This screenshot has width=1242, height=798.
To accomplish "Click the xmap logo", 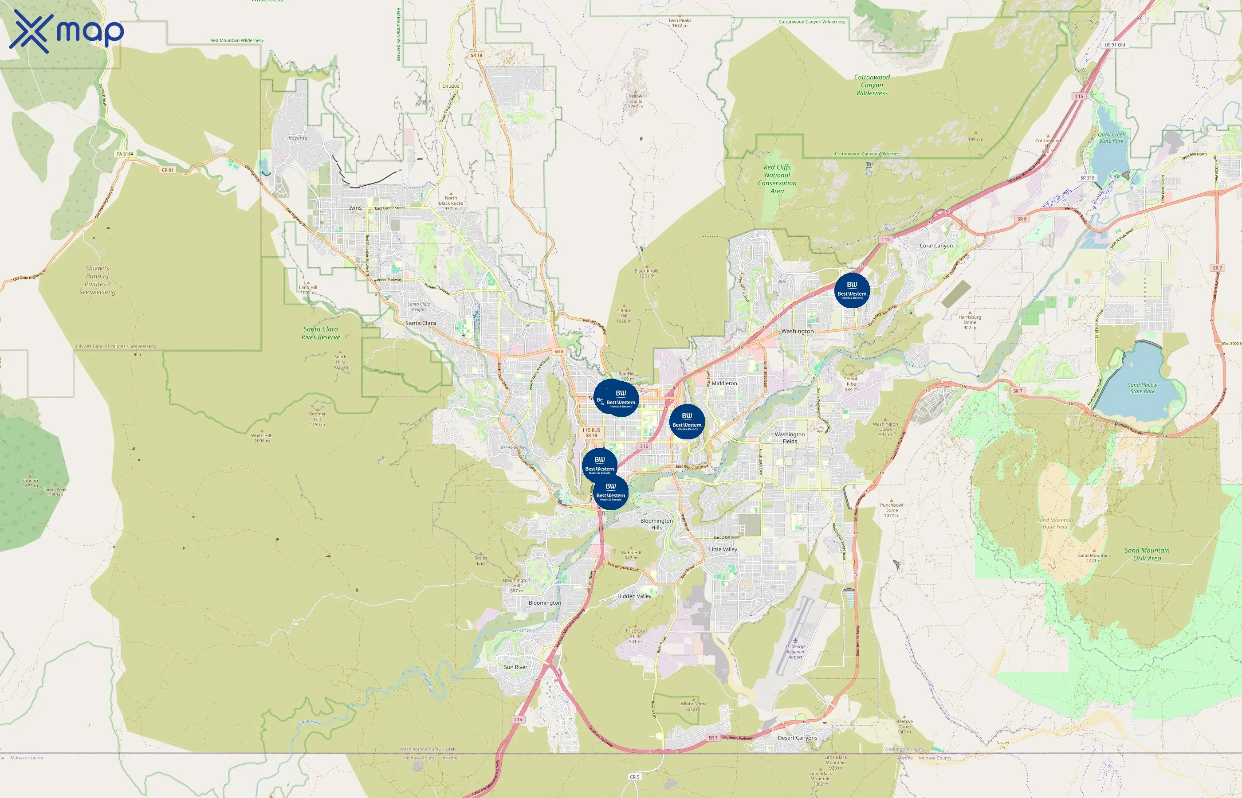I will click(x=67, y=31).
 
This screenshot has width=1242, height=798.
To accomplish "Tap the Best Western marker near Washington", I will click(x=852, y=290).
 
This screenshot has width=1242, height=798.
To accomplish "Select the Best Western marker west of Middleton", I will click(x=687, y=421).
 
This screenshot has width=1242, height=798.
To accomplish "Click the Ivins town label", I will click(x=355, y=208).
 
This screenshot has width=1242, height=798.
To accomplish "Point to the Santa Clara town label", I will click(x=421, y=323).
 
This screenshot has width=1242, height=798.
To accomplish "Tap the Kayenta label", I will click(x=298, y=138).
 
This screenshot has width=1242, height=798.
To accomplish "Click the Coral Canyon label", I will click(x=935, y=246).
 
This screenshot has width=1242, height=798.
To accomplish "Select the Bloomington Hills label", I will click(x=656, y=524).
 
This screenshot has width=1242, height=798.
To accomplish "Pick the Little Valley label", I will click(x=723, y=549).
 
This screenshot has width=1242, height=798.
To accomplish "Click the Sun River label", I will click(x=515, y=667).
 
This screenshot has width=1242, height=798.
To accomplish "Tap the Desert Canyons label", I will click(x=797, y=737).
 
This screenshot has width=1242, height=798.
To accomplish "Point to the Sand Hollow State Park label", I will click(x=1142, y=388).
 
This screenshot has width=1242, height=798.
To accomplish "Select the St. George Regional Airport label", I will click(x=795, y=651).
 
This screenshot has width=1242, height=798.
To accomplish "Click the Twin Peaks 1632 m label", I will click(x=680, y=23).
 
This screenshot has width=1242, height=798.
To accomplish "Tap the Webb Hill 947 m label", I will click(x=631, y=555).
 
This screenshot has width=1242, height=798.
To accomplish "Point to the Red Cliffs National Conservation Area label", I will click(x=777, y=179).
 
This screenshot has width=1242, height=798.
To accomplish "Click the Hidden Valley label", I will click(x=634, y=596).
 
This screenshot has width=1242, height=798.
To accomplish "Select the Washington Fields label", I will click(x=790, y=438).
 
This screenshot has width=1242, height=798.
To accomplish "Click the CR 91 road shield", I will click(x=167, y=170).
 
